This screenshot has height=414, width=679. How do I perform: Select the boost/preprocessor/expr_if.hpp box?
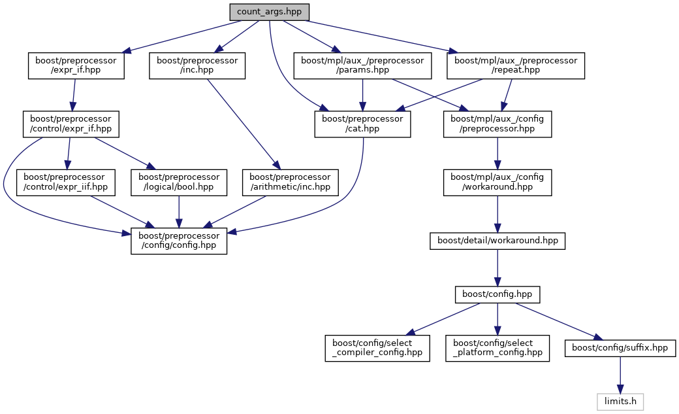76,66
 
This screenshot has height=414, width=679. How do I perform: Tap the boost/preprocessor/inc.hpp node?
197,66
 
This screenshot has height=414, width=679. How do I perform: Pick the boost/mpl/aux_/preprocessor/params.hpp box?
362,66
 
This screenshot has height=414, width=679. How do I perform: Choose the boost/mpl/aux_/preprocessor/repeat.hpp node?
515,66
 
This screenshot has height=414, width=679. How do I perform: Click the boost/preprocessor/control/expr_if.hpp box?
71,124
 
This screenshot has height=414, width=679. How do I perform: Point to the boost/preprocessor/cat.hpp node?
362,124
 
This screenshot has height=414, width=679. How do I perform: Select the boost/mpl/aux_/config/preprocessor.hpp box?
497,124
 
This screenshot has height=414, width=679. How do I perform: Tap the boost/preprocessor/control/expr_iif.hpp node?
66,182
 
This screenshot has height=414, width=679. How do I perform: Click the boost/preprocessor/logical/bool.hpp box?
179,182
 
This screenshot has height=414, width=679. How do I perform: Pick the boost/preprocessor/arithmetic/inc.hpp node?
291,182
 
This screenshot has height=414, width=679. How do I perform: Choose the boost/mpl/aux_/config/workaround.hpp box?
497,182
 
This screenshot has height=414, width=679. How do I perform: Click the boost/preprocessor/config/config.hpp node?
179,241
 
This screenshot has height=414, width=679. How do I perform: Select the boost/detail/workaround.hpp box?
497,241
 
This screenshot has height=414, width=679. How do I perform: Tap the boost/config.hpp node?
497,294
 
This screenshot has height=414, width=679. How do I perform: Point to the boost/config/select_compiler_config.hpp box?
378,348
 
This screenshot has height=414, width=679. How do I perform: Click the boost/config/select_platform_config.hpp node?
497,348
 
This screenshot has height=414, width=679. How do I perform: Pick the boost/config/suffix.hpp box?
620,348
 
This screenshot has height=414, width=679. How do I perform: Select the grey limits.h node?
620,399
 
